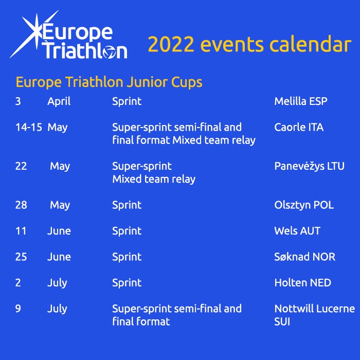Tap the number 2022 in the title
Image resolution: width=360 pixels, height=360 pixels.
point(171,44)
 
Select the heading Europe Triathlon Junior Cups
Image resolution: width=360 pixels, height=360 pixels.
point(109,82)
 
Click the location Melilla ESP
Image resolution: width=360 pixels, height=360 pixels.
point(301,101)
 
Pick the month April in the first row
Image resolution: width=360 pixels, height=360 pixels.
point(59,102)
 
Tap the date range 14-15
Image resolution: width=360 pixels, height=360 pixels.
point(29,127)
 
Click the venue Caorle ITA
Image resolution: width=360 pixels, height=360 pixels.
point(299,127)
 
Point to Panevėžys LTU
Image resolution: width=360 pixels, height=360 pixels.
point(310,166)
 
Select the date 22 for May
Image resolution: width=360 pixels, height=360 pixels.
point(21,166)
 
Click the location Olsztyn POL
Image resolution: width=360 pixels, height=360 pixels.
point(304,205)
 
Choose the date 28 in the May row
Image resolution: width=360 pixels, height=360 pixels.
point(21,205)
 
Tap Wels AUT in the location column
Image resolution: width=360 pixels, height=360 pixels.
point(297,231)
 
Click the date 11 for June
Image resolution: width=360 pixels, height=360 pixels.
point(21,231)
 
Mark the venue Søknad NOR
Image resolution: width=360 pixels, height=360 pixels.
point(305,257)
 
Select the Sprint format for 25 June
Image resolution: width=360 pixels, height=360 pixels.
point(127,257)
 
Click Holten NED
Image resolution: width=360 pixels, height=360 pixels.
point(303,283)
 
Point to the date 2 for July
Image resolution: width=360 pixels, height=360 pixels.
point(18,283)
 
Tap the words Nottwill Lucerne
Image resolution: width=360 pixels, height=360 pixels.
point(315,309)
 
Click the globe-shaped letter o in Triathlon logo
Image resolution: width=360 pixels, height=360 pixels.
point(109,52)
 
